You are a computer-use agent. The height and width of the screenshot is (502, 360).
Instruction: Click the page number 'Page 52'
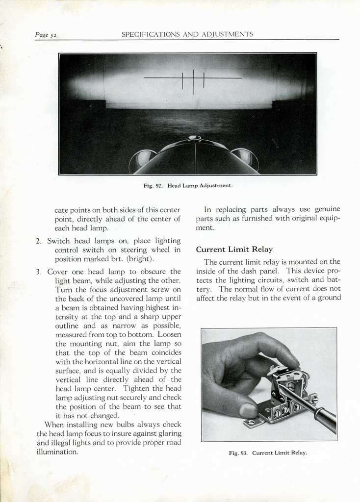pyautogui.click(x=46, y=35)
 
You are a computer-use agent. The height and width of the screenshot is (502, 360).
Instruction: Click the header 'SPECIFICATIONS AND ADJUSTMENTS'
pyautogui.click(x=187, y=34)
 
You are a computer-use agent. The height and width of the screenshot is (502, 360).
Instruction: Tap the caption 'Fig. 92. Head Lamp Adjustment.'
pyautogui.click(x=188, y=186)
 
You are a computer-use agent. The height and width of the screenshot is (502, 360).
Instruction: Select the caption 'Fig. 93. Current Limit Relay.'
pyautogui.click(x=268, y=452)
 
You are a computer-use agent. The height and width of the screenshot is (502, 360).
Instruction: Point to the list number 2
pyautogui.click(x=38, y=241)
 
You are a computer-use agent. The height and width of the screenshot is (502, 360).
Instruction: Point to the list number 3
pyautogui.click(x=38, y=272)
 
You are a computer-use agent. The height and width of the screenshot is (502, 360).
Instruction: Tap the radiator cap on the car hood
pyautogui.click(x=195, y=138)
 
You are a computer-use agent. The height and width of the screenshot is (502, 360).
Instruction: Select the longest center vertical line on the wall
pyautogui.click(x=193, y=82)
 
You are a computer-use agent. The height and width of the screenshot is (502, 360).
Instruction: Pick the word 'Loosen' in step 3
pyautogui.click(x=170, y=335)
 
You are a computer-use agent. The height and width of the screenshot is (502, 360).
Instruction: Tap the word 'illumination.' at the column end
pyautogui.click(x=57, y=452)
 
